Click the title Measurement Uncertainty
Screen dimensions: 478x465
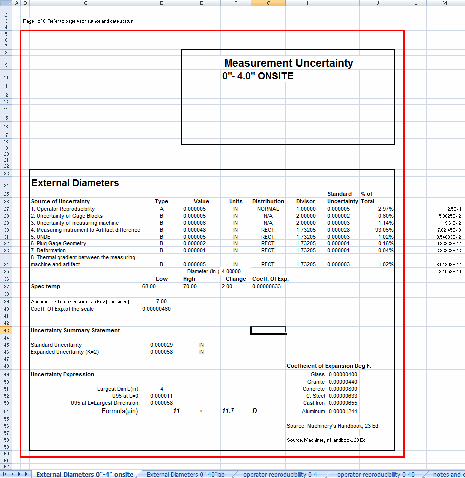click(x=288, y=63)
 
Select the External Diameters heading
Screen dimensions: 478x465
click(x=75, y=183)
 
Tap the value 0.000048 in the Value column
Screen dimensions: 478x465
click(x=194, y=230)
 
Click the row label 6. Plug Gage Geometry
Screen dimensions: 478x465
click(x=58, y=243)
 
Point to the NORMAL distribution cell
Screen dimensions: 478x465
click(x=268, y=209)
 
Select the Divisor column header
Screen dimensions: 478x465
click(x=306, y=201)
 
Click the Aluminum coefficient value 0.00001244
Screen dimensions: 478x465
click(x=342, y=411)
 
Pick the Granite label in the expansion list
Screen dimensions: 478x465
click(x=315, y=382)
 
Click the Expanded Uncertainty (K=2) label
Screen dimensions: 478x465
click(x=64, y=352)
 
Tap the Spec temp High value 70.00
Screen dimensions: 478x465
click(x=190, y=286)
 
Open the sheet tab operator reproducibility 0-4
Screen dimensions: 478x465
click(x=280, y=474)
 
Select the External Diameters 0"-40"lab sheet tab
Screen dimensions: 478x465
click(x=186, y=474)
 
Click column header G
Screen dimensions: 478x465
click(x=268, y=3)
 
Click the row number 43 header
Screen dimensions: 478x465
click(x=7, y=330)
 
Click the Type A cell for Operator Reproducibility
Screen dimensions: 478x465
click(x=161, y=209)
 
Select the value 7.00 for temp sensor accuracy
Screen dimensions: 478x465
click(x=161, y=301)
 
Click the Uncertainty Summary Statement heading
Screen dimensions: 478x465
click(x=75, y=330)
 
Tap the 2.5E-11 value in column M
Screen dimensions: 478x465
click(x=455, y=209)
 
